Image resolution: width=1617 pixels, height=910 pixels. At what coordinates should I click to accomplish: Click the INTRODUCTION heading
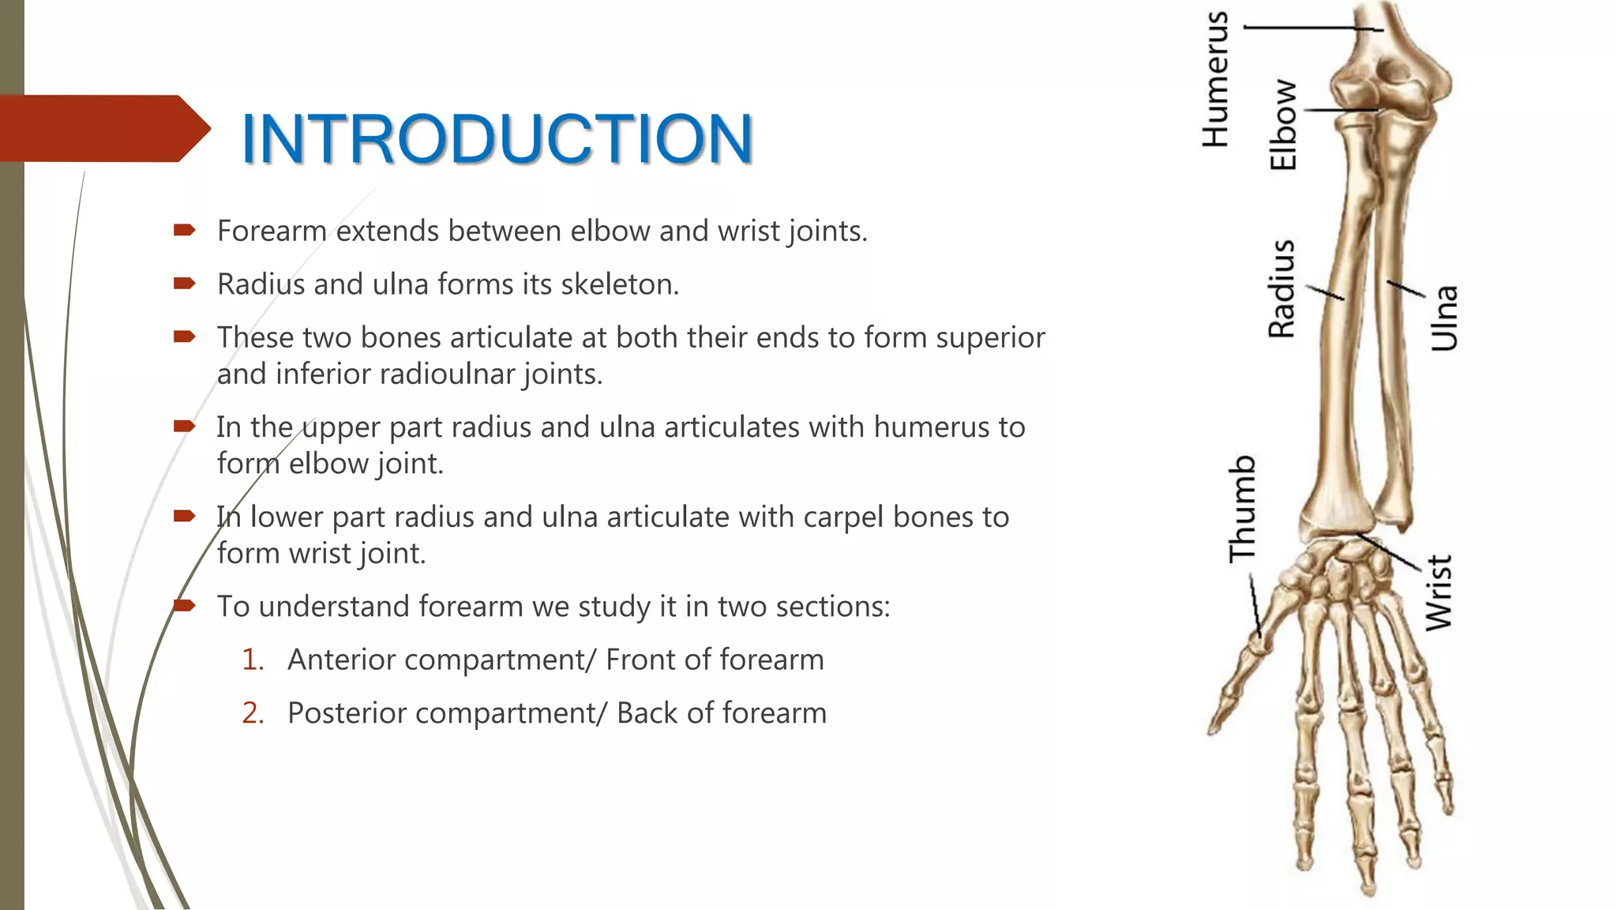[x=497, y=139]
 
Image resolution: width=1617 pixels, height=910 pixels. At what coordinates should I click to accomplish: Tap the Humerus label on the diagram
[x=1216, y=80]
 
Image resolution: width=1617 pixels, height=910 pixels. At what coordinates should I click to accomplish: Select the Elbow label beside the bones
[x=1283, y=125]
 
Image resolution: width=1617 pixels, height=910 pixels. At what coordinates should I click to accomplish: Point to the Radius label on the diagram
[x=1281, y=289]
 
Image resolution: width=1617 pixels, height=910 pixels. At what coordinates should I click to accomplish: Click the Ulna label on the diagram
[x=1444, y=318]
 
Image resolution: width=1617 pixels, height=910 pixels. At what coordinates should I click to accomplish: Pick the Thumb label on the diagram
[x=1242, y=509]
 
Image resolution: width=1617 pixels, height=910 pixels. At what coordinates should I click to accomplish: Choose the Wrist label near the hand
[x=1439, y=592]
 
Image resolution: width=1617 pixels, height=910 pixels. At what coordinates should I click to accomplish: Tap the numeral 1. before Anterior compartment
[x=253, y=660]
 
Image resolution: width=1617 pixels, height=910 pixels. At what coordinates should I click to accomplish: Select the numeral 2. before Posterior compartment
[x=253, y=713]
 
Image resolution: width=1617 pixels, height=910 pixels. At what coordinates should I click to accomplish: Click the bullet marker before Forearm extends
[x=184, y=231]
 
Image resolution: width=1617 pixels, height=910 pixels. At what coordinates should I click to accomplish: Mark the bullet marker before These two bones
[x=184, y=337]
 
